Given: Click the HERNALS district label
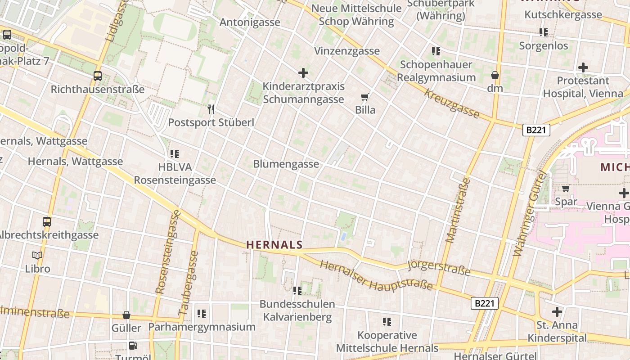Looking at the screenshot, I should (274, 245).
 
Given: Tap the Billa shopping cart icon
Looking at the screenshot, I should (364, 97).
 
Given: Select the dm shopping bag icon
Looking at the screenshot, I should (495, 75).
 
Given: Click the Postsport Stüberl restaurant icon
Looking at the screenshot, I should (211, 109).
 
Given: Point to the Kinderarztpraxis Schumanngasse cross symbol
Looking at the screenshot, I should (303, 72).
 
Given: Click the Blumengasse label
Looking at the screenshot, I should (286, 164).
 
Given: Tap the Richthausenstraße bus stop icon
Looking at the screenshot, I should (98, 76).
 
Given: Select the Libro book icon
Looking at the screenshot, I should (37, 256).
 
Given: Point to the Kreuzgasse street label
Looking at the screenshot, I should (452, 103).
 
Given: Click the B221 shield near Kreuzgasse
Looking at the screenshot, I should (536, 130).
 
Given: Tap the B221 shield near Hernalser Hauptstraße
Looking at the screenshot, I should (485, 303).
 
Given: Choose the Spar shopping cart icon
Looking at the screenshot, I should (566, 188).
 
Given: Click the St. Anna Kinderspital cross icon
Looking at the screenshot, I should (557, 311).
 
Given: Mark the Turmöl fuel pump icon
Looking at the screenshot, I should (133, 346).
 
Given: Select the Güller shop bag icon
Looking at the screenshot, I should (126, 315).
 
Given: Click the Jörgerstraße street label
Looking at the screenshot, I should (439, 268).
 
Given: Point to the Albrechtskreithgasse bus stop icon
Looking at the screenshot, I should (47, 221).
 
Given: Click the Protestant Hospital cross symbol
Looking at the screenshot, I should (583, 67).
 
